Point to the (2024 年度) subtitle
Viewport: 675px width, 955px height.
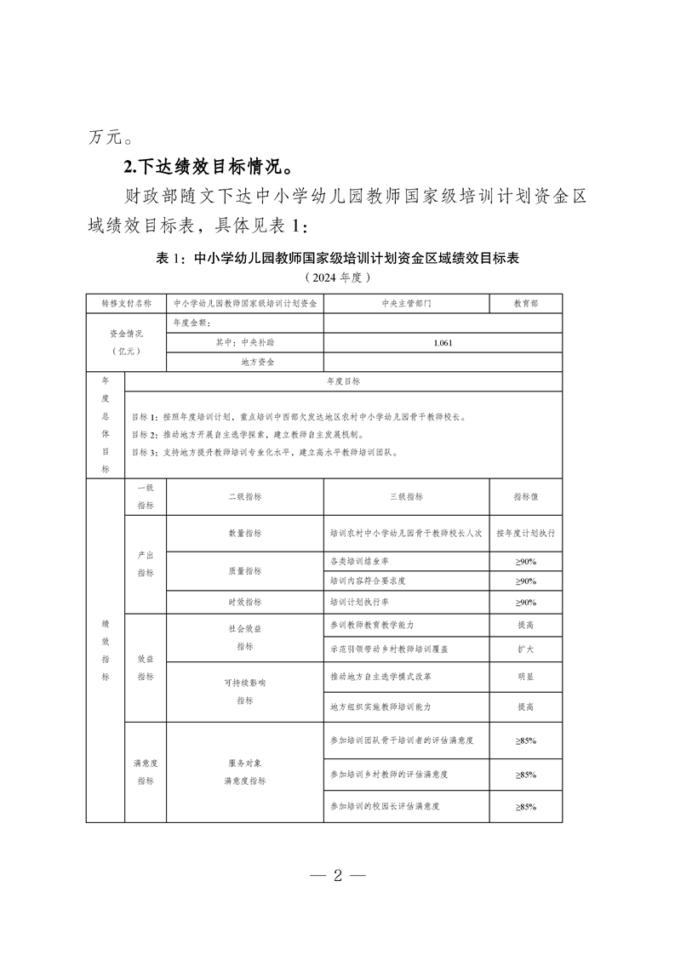337,277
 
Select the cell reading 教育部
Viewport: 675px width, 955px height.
525,303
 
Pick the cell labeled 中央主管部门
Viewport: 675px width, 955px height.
406,303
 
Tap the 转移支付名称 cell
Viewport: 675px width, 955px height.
126,303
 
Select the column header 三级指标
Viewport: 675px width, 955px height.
406,496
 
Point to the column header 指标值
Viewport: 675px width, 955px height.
525,496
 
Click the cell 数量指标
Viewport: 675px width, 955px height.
244,533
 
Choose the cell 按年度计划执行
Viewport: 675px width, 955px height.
525,533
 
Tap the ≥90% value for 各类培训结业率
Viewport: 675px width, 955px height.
525,562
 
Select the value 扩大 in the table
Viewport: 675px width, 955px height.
525,649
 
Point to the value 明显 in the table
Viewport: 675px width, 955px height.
525,678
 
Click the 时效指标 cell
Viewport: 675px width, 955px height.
244,602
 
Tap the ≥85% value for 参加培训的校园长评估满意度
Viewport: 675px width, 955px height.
525,806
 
